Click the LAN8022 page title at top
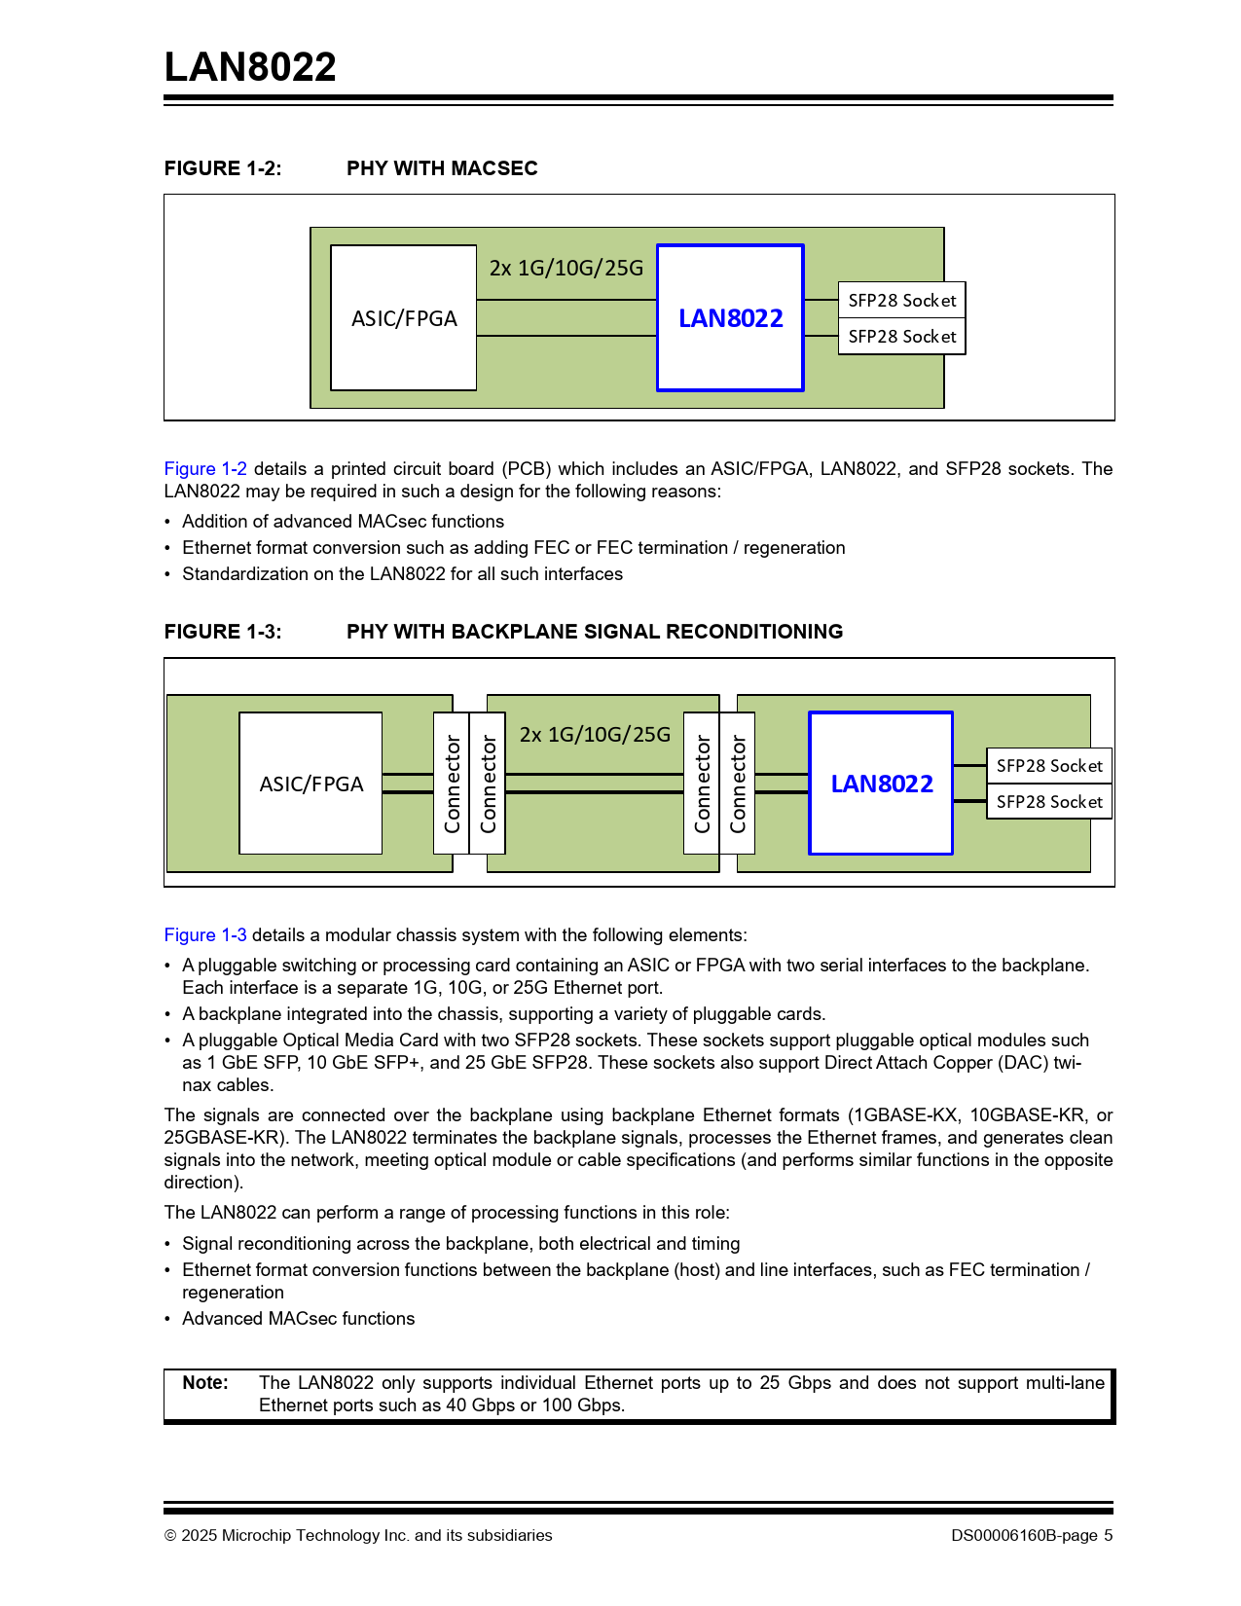click(250, 67)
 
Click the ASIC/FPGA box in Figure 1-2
click(403, 318)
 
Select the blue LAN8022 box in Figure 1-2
click(730, 318)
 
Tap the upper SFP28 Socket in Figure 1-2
click(901, 300)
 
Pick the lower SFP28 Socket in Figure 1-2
click(901, 337)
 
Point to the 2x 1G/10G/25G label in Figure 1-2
click(566, 268)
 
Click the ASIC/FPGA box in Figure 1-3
click(310, 784)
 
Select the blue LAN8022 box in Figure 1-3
click(881, 784)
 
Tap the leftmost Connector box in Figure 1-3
click(452, 784)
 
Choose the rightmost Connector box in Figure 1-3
click(737, 784)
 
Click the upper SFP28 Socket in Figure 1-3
click(1048, 766)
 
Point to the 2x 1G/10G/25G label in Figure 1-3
click(595, 734)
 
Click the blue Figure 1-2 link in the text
click(205, 469)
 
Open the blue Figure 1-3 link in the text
click(205, 935)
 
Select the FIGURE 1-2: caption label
click(223, 168)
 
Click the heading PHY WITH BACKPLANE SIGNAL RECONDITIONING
click(595, 632)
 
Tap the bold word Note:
click(205, 1383)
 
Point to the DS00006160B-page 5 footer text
click(1032, 1536)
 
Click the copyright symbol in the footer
click(170, 1536)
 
